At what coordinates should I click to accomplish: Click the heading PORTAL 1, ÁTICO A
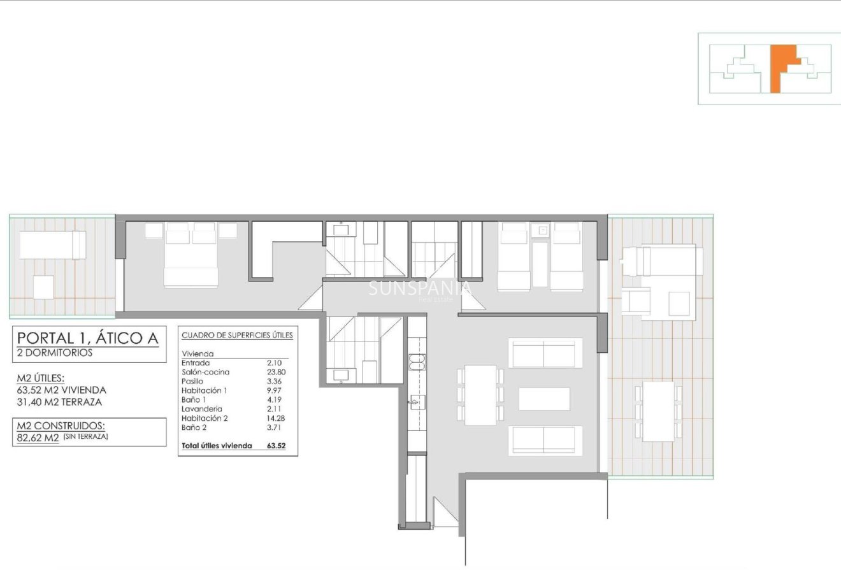pos(87,338)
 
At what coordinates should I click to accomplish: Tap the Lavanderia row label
pos(202,409)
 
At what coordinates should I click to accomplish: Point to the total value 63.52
pos(276,446)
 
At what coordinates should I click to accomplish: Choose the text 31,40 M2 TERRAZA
pos(59,402)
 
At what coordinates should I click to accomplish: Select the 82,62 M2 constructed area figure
pos(38,438)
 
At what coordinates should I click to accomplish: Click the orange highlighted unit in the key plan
pos(780,68)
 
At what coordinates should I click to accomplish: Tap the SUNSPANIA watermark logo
pos(420,289)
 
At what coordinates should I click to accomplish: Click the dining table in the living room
pos(480,395)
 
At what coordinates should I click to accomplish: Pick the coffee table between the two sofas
pos(544,399)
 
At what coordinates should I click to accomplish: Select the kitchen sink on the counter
pos(418,403)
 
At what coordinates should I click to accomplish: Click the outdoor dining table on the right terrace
pos(659,411)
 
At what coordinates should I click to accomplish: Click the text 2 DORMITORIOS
pos(55,353)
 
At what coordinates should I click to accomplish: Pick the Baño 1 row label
pos(196,400)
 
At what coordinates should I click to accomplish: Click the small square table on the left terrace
pos(44,287)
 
